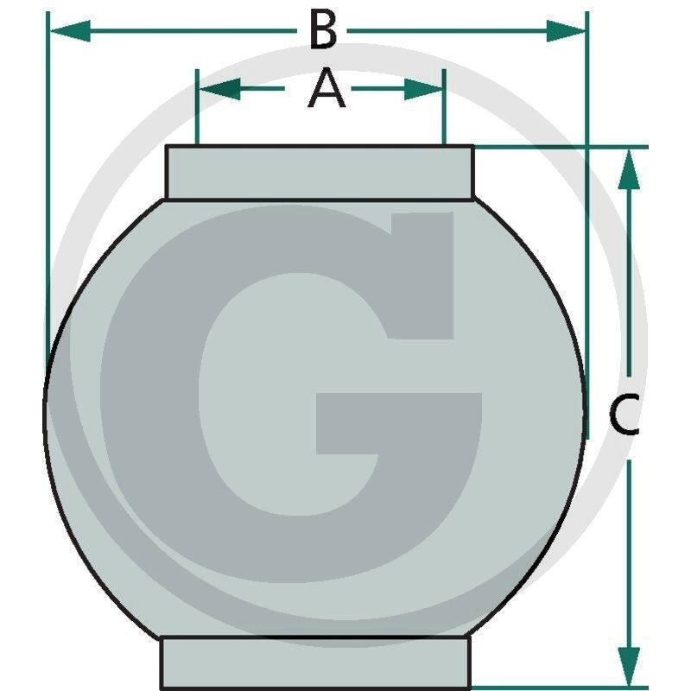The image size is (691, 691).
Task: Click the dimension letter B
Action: (323, 29)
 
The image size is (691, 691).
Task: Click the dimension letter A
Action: (326, 88)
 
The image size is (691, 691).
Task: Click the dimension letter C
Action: (624, 415)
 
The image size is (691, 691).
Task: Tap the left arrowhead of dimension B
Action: (71, 31)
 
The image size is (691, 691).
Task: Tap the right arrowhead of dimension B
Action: (566, 31)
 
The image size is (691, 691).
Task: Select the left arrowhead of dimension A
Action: (220, 89)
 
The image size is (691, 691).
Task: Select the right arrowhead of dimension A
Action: (423, 89)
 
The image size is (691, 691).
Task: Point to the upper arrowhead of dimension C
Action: (629, 169)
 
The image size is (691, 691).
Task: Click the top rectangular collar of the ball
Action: (320, 173)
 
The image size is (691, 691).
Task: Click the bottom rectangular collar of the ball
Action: (315, 662)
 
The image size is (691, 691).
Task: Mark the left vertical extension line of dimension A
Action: (197, 106)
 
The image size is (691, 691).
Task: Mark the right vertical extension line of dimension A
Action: (444, 106)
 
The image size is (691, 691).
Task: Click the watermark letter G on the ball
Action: (291, 395)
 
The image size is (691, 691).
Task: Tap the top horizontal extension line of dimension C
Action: (561, 146)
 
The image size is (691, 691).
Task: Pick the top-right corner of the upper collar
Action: (474, 145)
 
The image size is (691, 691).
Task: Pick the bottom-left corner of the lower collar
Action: (161, 689)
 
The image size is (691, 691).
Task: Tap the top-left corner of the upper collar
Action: (166, 145)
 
